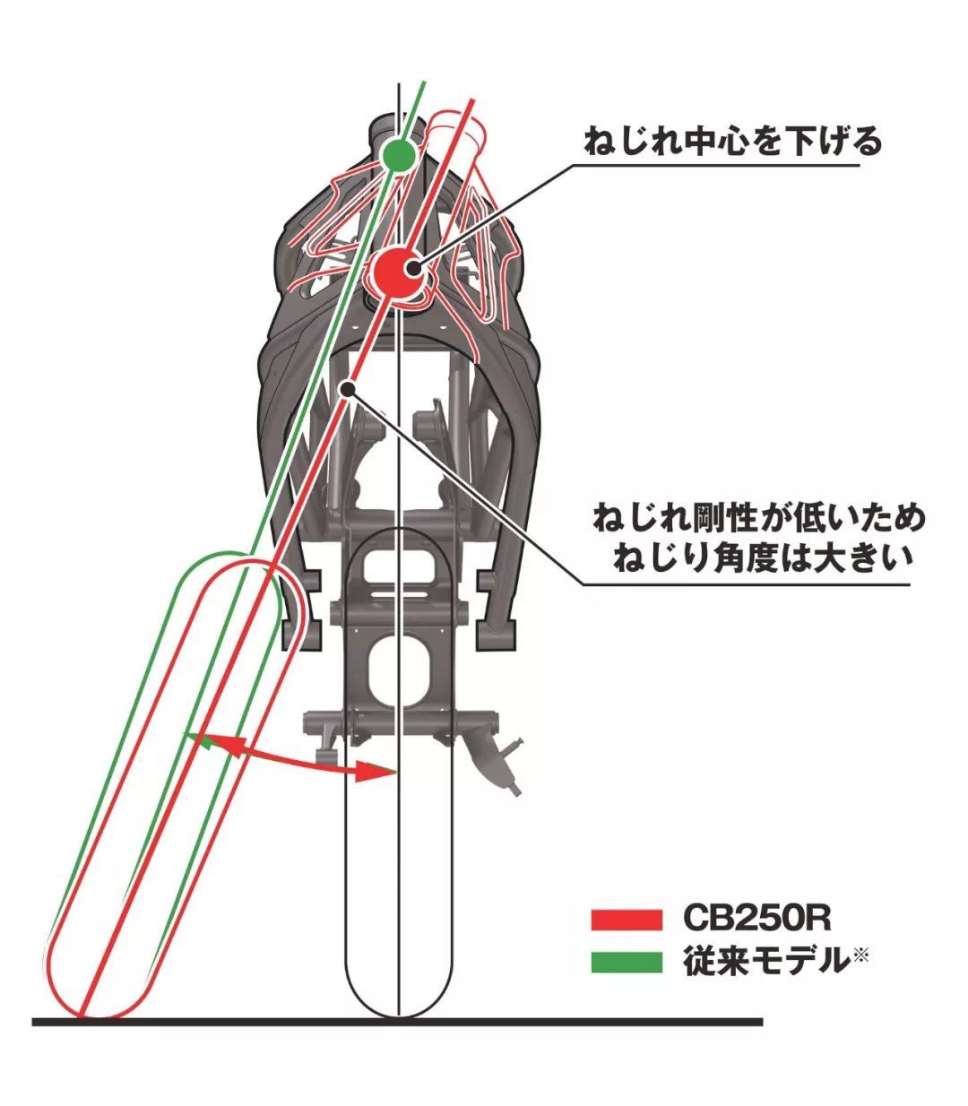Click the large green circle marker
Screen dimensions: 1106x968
tap(398, 156)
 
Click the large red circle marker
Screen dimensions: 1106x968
tap(397, 270)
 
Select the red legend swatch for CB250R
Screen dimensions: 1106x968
tap(627, 919)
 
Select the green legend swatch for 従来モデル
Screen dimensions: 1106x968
tap(627, 962)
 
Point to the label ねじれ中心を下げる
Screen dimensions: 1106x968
tap(732, 142)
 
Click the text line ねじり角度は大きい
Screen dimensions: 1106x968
tap(763, 558)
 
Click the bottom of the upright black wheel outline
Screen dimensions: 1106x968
tap(397, 1015)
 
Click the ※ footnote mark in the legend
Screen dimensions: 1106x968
tap(860, 956)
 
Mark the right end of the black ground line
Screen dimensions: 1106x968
tap(760, 1022)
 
